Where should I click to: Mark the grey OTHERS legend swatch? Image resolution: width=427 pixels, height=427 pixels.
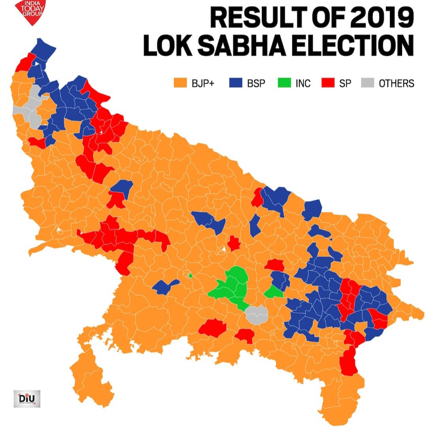(367, 83)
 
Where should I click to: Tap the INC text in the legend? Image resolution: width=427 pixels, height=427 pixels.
(303, 83)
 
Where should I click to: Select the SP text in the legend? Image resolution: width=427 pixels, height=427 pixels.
(345, 83)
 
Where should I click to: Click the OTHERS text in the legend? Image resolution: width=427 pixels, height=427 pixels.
(396, 83)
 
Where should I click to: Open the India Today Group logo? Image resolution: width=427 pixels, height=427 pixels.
(30, 11)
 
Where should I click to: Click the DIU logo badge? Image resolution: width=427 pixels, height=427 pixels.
(27, 398)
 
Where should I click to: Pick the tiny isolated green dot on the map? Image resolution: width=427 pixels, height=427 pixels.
(190, 276)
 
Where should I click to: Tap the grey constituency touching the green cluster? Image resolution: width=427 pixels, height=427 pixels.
(256, 315)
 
